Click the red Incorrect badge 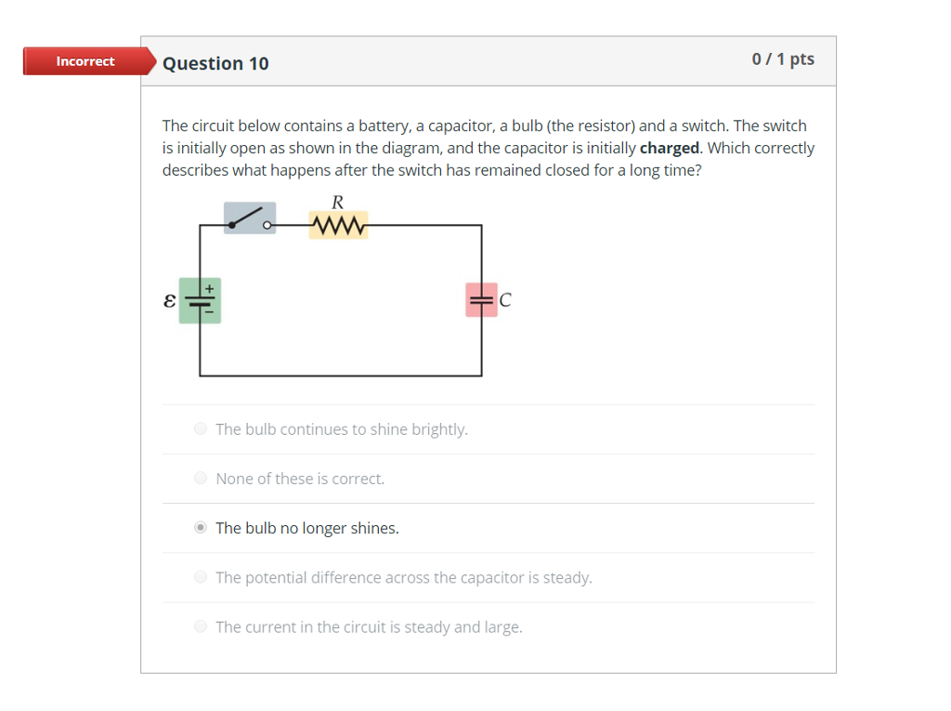85,61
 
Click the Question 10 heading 215,63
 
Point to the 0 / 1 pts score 783,59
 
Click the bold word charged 669,148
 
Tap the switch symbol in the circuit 250,217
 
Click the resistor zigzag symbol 338,225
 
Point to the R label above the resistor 337,202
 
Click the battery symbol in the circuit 200,301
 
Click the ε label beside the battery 169,301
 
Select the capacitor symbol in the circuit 481,300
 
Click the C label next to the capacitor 505,300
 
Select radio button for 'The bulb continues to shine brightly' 201,429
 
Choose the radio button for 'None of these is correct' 201,479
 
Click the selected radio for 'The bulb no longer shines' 201,528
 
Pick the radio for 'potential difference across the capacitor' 201,577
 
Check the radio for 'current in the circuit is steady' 201,626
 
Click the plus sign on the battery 210,289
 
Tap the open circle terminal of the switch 267,225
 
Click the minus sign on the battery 210,312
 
